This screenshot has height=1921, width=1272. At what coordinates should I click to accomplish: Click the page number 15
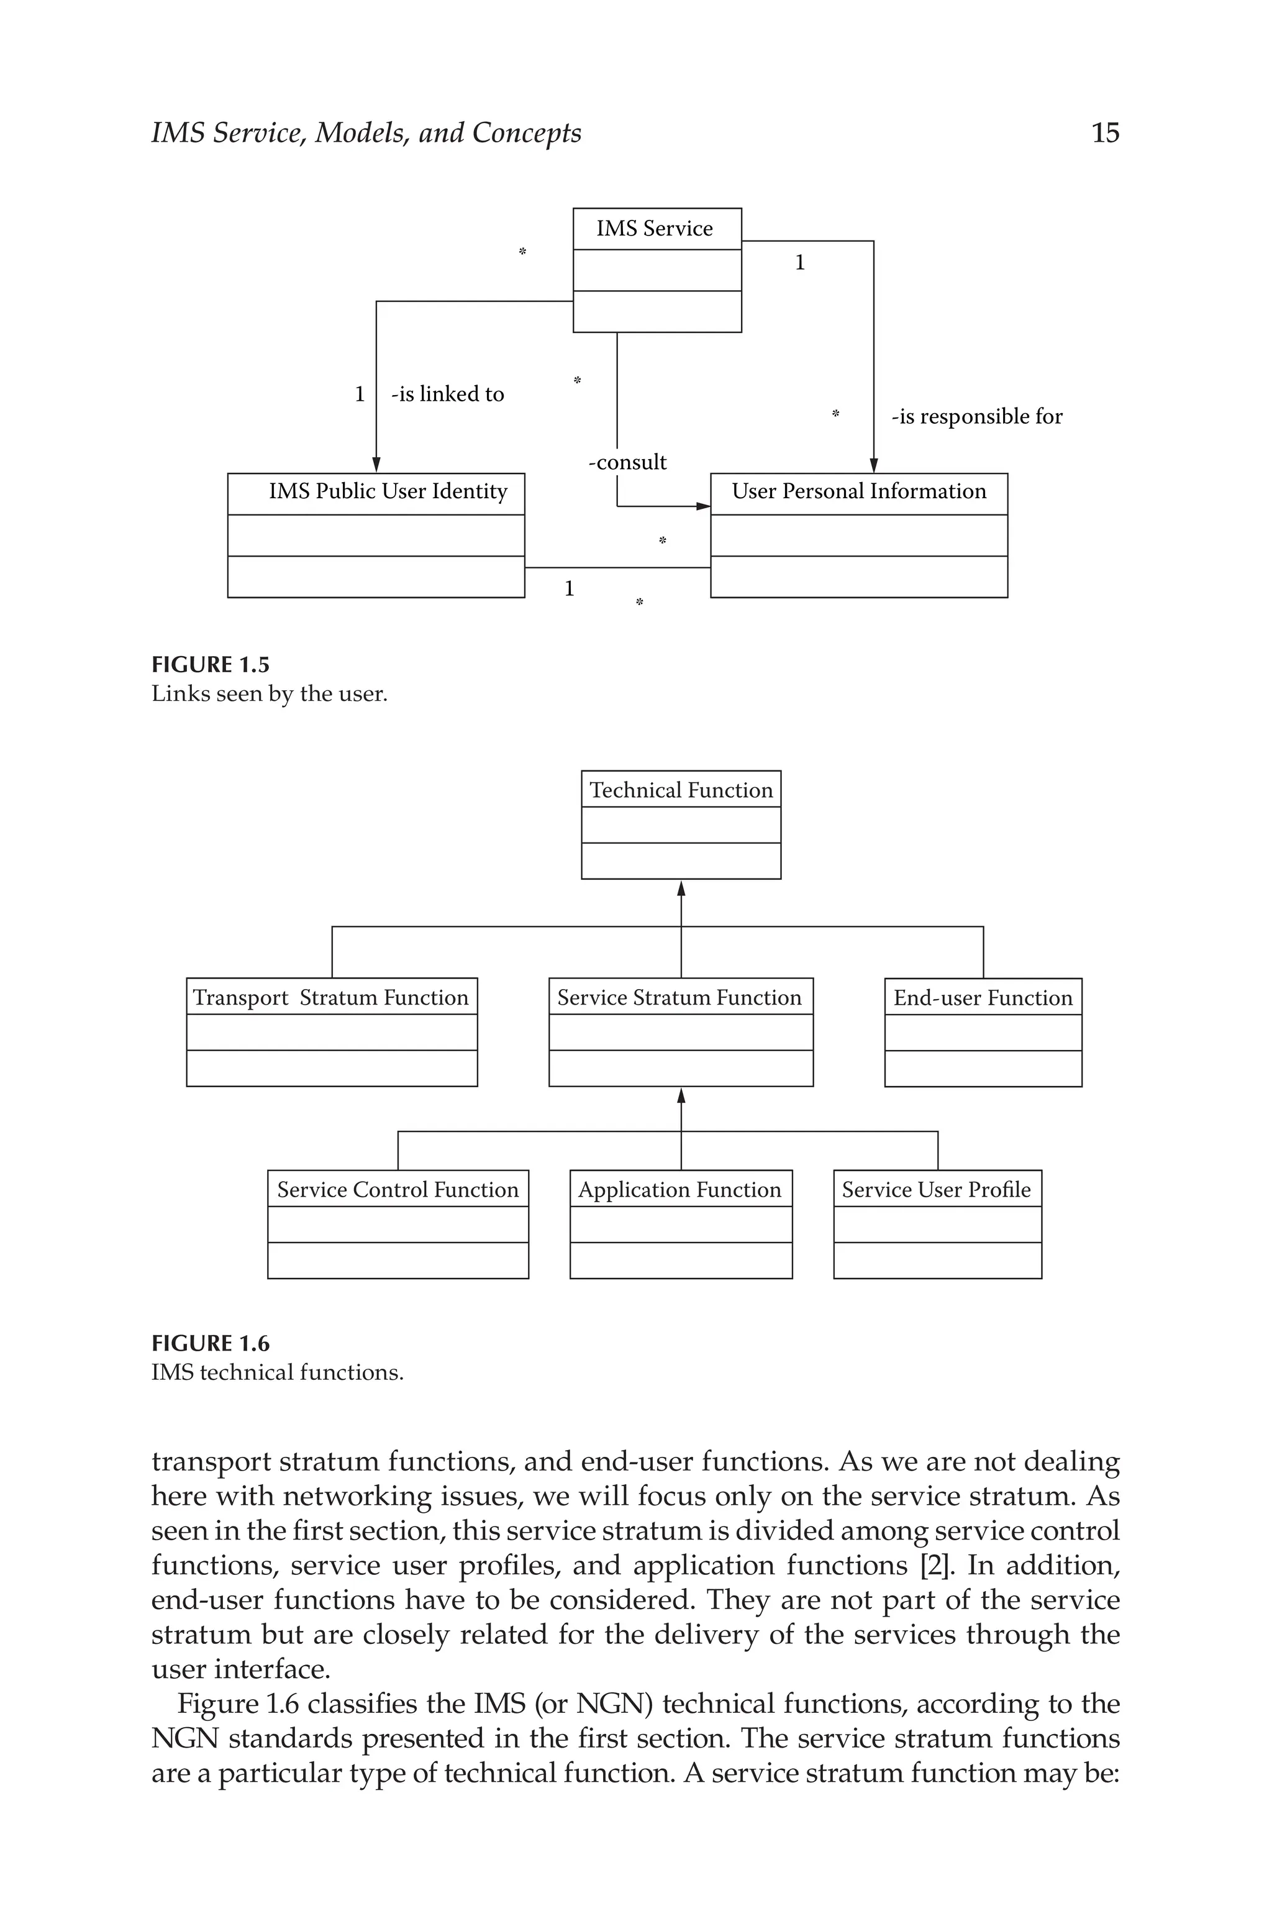tap(1105, 133)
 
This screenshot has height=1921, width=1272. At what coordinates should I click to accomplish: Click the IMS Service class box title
tap(655, 229)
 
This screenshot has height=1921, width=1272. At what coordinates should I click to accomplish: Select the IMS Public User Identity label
tap(388, 491)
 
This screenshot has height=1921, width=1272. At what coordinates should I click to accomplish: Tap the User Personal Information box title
tap(858, 491)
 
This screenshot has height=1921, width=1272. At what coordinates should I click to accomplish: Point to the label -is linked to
tap(447, 395)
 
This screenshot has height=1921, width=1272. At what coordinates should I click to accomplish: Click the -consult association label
tap(627, 462)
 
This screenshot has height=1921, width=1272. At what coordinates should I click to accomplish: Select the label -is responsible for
tap(977, 417)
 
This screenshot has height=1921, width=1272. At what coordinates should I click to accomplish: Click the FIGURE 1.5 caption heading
tap(210, 665)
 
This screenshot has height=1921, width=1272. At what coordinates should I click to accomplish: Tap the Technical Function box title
tap(681, 790)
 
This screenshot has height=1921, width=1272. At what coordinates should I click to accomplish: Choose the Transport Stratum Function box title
tap(331, 998)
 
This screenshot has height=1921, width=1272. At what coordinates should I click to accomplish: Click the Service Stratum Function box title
tap(679, 998)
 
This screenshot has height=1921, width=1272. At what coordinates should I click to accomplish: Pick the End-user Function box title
tap(983, 998)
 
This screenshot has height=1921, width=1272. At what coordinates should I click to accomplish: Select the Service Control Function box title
tap(397, 1190)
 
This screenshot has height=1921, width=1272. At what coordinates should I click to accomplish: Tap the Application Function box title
tap(680, 1190)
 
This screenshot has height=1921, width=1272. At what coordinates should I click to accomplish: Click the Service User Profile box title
tap(936, 1190)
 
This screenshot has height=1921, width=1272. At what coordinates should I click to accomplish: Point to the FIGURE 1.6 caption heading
tap(210, 1344)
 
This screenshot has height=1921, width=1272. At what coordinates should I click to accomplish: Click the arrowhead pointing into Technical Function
tap(681, 888)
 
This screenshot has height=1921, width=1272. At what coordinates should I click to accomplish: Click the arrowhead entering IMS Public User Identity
tap(376, 465)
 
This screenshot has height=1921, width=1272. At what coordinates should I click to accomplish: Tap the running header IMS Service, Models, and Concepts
tap(366, 133)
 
